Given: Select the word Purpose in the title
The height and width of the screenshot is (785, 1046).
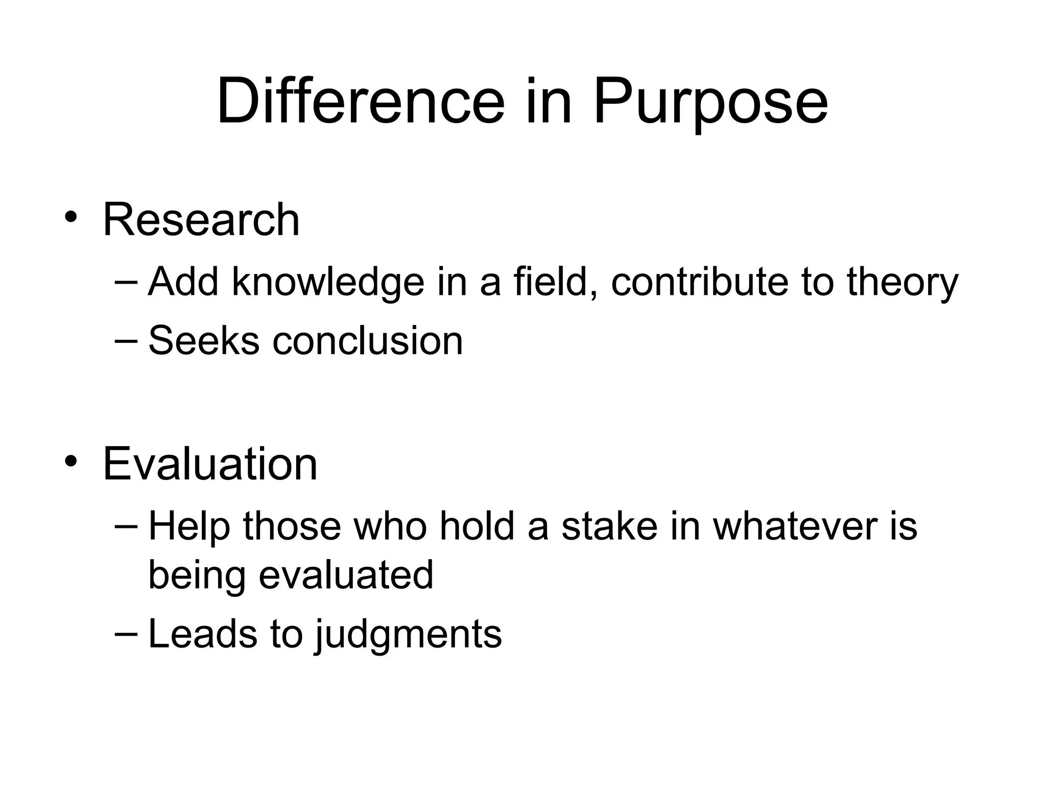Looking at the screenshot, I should (x=710, y=102).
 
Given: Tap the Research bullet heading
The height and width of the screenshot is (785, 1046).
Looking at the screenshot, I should (x=201, y=220).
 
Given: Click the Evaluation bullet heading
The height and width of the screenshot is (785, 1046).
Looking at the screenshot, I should (x=210, y=464).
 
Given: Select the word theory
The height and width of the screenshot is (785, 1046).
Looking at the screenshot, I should (x=902, y=283).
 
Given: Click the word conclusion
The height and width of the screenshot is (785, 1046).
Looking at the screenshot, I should (x=367, y=340).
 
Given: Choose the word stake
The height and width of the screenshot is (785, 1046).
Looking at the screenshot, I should (x=609, y=526).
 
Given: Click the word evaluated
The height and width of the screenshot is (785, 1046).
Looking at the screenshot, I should (x=346, y=574).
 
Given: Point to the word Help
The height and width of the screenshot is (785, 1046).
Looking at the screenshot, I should (x=188, y=527).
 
